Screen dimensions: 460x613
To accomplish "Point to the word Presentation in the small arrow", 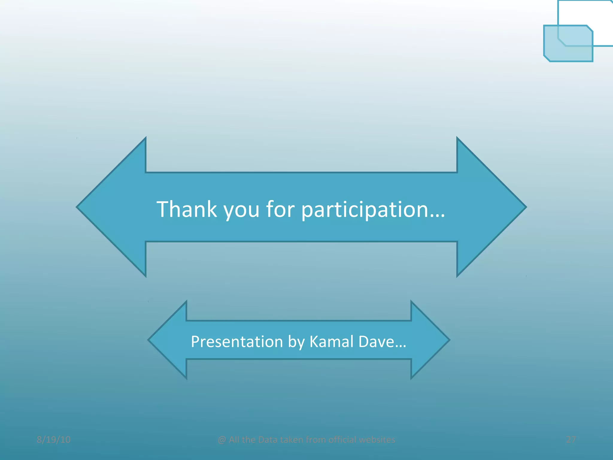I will [x=237, y=342].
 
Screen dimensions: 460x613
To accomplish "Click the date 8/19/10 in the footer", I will [x=54, y=440].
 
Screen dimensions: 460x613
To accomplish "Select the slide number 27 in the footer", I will [x=571, y=440].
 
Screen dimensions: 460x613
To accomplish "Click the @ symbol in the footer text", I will [x=222, y=440].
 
